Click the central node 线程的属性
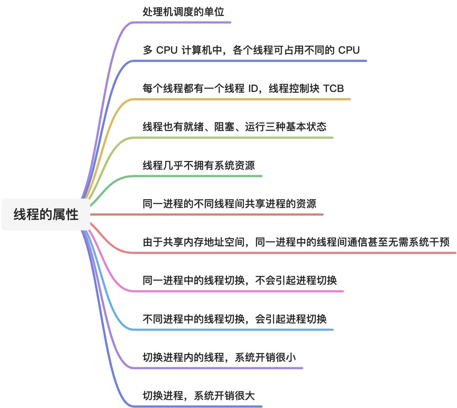46,214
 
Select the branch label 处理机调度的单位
183,12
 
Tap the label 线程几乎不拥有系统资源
199,165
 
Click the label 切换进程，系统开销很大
199,396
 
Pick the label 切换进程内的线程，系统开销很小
219,357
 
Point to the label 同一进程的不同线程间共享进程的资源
229,204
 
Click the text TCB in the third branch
333,88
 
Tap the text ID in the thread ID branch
253,88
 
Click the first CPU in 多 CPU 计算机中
167,50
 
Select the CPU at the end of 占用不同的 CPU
349,50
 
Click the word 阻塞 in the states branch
224,127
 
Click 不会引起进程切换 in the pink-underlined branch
296,280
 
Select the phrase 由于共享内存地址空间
193,242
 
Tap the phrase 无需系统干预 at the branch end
419,242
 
